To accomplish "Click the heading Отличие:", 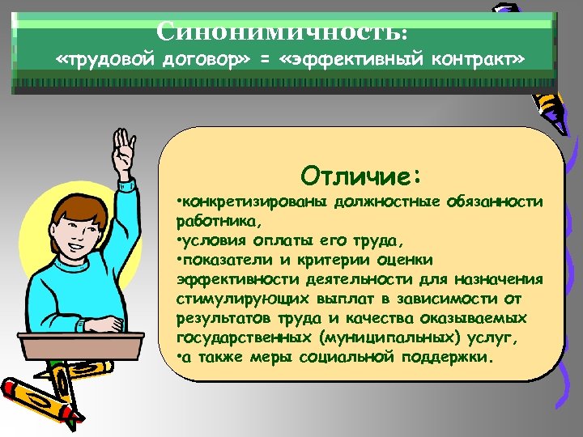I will point(361,174).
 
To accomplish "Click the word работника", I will point(215,220).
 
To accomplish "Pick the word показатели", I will point(223,259).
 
